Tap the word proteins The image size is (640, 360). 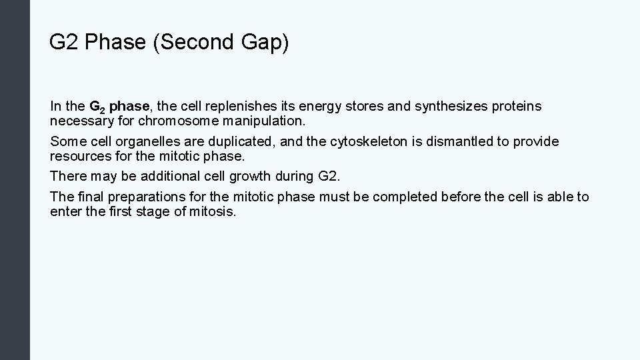tap(517, 106)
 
